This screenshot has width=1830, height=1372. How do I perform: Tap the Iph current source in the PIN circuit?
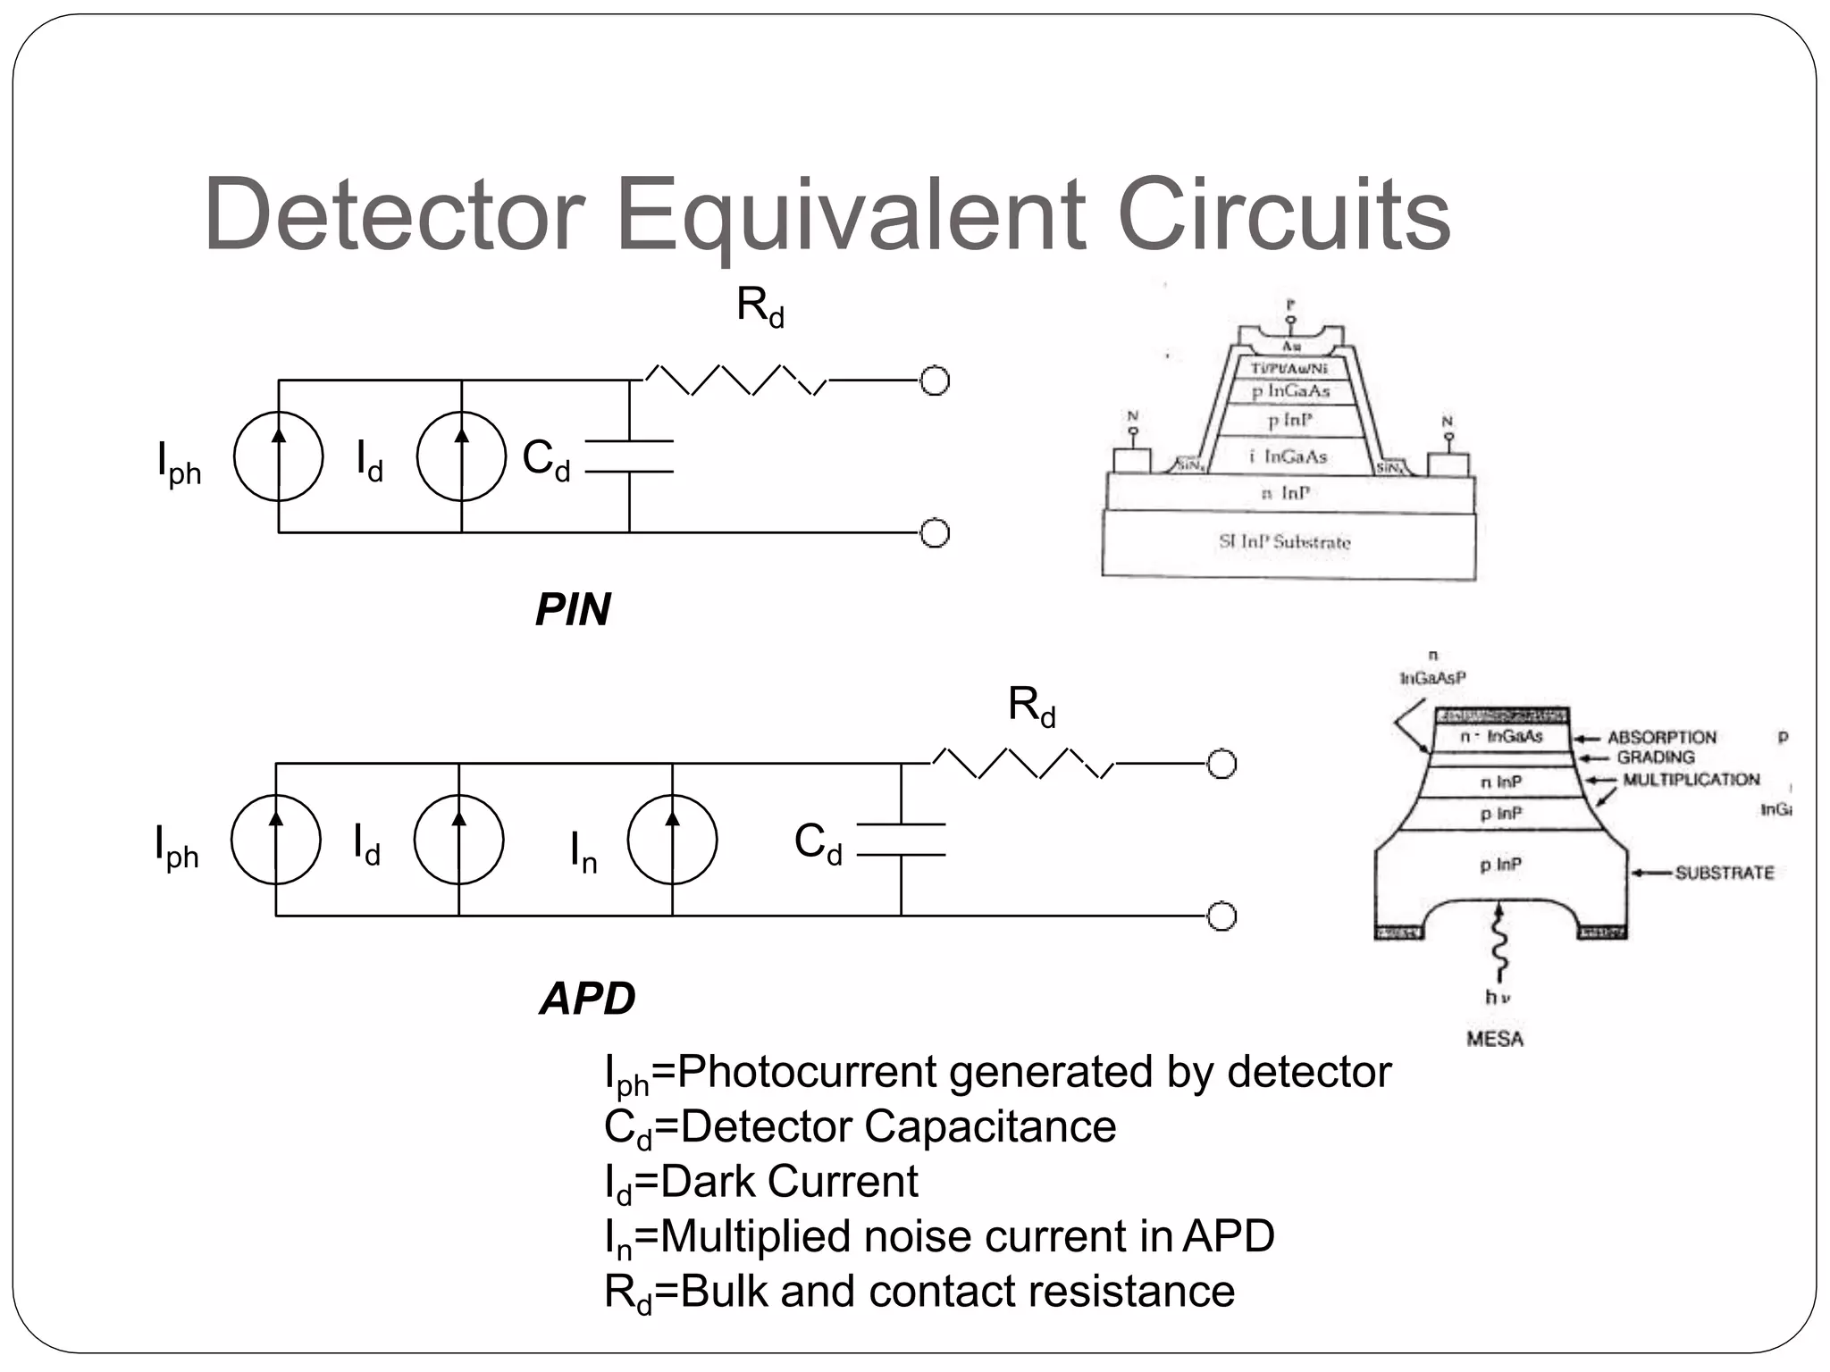point(278,456)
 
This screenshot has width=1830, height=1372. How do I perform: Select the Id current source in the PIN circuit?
point(461,456)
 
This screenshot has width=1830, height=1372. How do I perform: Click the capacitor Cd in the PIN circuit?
point(629,456)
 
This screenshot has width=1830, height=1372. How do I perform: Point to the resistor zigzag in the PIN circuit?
point(735,381)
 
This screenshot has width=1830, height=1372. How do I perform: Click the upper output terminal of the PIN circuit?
point(934,381)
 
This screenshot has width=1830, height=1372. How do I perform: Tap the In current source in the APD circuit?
point(672,840)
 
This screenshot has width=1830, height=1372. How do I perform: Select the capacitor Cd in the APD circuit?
point(901,840)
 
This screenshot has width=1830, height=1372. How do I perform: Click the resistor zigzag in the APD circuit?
point(1022,764)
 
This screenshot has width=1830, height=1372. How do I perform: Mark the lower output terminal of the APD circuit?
point(1221,916)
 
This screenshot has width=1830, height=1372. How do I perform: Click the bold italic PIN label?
point(573,610)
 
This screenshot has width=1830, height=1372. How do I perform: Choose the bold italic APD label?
point(587,998)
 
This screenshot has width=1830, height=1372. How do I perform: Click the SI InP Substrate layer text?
point(1285,541)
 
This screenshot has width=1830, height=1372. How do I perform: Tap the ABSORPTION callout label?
point(1661,738)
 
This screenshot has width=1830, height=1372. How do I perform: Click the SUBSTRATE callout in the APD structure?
point(1724,873)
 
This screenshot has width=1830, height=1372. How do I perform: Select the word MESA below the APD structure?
point(1494,1039)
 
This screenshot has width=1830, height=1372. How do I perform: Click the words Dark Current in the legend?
point(788,1182)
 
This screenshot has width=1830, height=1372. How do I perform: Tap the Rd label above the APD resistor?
point(1031,706)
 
